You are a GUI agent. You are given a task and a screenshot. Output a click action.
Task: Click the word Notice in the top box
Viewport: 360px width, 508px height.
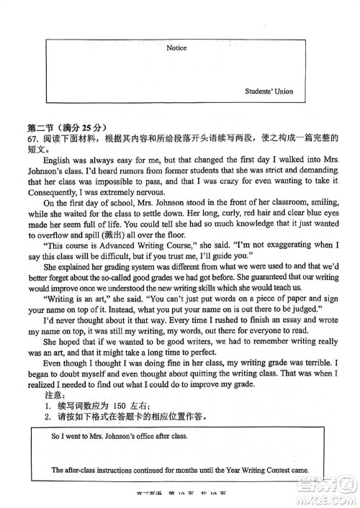176,48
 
